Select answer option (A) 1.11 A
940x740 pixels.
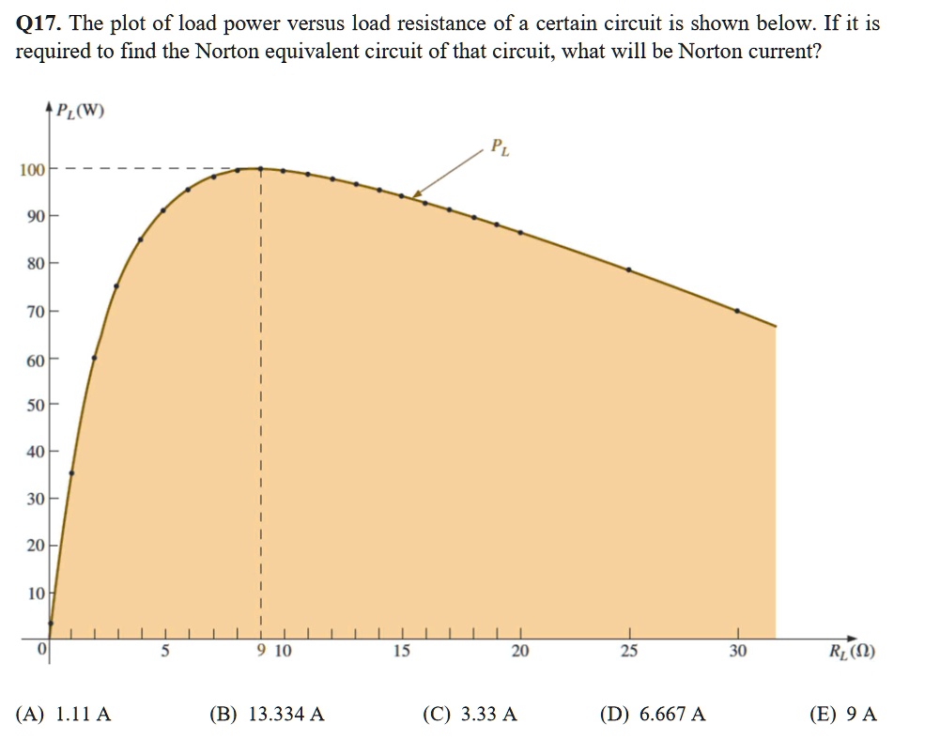[x=64, y=714]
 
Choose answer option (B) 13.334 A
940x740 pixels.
[x=267, y=714]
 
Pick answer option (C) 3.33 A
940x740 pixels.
[x=470, y=714]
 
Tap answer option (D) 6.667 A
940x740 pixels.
[x=653, y=714]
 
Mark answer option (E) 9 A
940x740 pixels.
[x=843, y=714]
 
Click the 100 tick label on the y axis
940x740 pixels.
[x=31, y=170]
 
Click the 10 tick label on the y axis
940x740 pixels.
[x=36, y=594]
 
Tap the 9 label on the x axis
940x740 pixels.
[x=261, y=651]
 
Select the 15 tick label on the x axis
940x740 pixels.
[x=401, y=651]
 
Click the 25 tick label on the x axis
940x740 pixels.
[x=629, y=651]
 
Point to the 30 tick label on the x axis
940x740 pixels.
[x=738, y=651]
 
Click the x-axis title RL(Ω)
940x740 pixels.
[x=853, y=650]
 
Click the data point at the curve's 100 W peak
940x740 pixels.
[x=260, y=169]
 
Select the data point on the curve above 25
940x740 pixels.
[x=629, y=270]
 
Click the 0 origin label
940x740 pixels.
[x=41, y=649]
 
